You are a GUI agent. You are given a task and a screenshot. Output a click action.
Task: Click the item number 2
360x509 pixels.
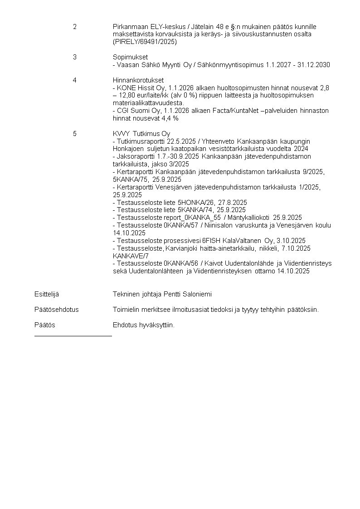[75, 27]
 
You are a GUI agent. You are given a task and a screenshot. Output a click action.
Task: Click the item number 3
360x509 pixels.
[75, 57]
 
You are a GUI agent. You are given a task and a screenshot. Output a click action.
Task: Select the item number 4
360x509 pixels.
[75, 80]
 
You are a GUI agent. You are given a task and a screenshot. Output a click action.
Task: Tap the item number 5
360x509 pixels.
[75, 134]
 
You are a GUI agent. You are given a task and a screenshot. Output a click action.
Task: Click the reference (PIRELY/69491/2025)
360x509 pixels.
[145, 42]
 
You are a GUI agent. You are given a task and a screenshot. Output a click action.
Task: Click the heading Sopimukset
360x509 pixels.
[127, 57]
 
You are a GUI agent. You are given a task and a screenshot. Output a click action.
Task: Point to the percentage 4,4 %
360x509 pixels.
[170, 118]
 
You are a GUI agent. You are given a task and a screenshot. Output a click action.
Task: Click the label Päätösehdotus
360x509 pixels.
[56, 310]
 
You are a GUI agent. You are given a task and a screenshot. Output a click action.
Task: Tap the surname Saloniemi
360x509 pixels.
[196, 294]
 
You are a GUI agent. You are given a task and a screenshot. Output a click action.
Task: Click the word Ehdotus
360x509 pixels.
[124, 325]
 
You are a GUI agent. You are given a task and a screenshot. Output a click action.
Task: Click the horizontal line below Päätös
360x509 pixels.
[73, 336]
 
